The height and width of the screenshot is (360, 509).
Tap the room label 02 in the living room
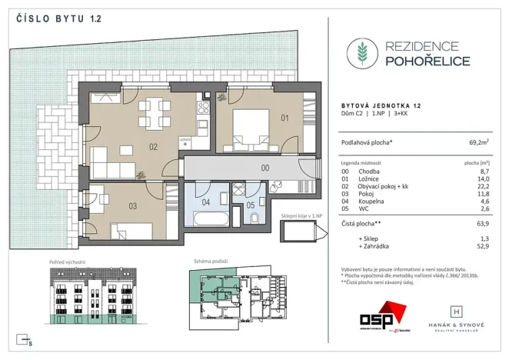(x=153, y=146)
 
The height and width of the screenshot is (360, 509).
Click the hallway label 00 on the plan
(x=264, y=167)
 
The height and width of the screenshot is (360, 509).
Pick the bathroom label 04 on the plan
(x=205, y=203)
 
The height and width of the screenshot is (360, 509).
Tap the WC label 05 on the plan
(x=251, y=205)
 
